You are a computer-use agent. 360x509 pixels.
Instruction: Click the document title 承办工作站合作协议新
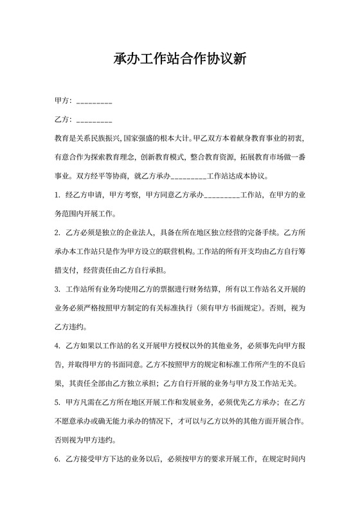click(x=179, y=59)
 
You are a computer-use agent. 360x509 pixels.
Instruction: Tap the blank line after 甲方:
click(x=94, y=102)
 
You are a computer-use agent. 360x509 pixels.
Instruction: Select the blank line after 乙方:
click(x=94, y=120)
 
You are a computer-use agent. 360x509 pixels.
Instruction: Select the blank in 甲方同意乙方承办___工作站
click(x=222, y=193)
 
